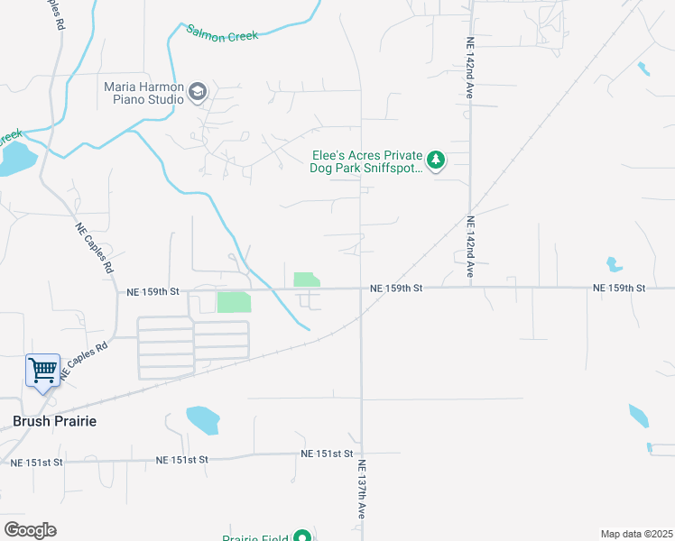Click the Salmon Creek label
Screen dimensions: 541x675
[x=222, y=33]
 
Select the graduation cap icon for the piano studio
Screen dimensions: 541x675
[x=198, y=91]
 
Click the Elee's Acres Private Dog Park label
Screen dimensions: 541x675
[x=366, y=161]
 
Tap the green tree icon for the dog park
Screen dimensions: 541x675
[x=437, y=160]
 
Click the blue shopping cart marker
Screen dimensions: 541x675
[x=42, y=370]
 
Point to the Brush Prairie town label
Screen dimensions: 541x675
[x=54, y=421]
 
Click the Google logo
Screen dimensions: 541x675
[x=30, y=529]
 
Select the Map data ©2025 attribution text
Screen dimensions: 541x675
[x=635, y=534]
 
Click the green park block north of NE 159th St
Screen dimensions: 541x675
[x=306, y=280]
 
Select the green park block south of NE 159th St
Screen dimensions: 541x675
[x=234, y=302]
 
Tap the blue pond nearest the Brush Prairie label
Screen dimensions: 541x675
[x=202, y=419]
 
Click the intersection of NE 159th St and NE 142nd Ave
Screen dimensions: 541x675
[x=471, y=289]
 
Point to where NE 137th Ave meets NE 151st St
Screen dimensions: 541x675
[x=362, y=454]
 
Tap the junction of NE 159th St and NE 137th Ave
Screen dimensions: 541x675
[x=362, y=289]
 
